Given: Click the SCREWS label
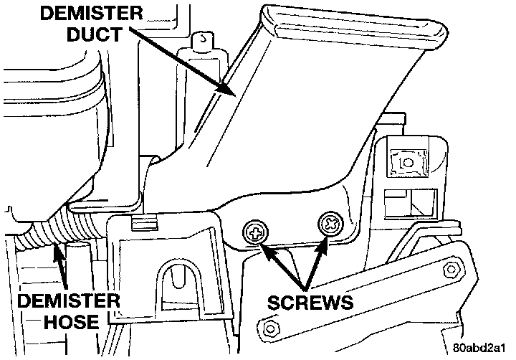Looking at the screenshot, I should pyautogui.click(x=310, y=302).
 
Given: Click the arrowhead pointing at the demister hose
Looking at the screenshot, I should pyautogui.click(x=59, y=250).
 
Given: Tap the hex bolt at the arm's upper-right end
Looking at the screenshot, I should pyautogui.click(x=451, y=269).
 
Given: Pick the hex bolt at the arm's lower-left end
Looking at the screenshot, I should pyautogui.click(x=271, y=329).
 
